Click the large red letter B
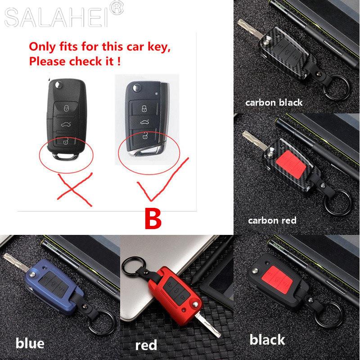pos(152,219)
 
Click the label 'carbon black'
pos(274,103)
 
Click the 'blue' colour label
pos(30,343)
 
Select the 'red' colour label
pos(146,345)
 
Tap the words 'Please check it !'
pos(76,61)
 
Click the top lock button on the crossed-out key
pos(66,108)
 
